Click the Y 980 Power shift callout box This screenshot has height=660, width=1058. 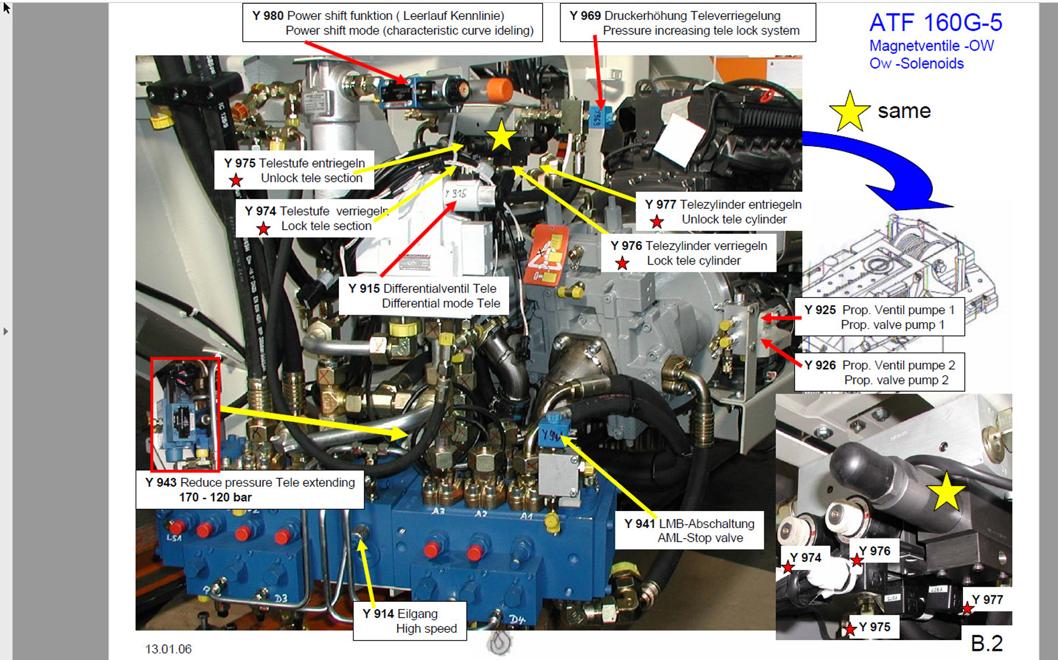[392, 23]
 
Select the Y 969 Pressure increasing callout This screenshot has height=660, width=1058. [688, 23]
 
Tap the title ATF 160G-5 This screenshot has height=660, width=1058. [936, 23]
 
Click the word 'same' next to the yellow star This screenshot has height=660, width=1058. [904, 111]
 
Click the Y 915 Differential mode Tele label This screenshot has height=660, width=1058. [424, 296]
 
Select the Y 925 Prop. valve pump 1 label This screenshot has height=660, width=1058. [879, 317]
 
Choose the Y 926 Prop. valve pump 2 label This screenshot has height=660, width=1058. [879, 372]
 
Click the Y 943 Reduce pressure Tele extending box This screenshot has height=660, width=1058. [250, 490]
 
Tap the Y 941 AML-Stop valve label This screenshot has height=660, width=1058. [689, 530]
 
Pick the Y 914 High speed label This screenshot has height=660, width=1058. [410, 621]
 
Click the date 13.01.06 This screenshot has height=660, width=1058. [168, 649]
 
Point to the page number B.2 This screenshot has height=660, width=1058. [987, 643]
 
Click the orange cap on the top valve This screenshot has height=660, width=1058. [499, 90]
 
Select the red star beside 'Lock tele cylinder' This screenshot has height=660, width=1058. [622, 263]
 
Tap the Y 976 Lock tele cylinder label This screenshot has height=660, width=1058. [689, 253]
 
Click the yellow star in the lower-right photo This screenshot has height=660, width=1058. [946, 492]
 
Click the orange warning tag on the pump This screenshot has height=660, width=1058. [547, 255]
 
